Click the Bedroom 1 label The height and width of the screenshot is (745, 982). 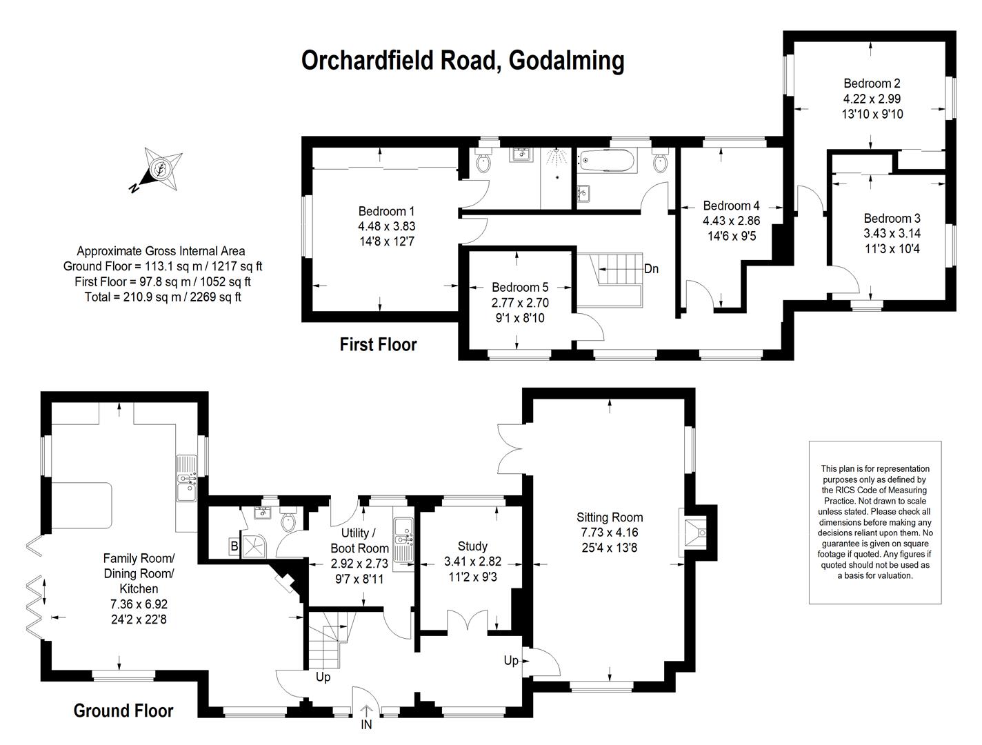[x=386, y=211]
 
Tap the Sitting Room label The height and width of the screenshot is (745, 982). [x=610, y=517]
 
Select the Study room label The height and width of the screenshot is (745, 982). [x=472, y=546]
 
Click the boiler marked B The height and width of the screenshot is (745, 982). [x=234, y=546]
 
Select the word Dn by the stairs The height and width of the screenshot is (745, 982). [x=652, y=269]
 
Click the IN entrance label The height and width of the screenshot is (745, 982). [x=366, y=724]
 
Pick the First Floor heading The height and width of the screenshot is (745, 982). [x=378, y=344]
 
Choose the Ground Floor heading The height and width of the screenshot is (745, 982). [x=123, y=711]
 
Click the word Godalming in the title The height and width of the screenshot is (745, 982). [x=566, y=61]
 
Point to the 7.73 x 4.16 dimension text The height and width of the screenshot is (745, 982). [x=610, y=533]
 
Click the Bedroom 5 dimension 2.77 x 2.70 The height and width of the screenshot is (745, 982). [x=520, y=303]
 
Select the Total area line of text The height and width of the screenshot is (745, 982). [x=163, y=297]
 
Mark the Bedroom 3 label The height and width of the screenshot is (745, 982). [x=892, y=219]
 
